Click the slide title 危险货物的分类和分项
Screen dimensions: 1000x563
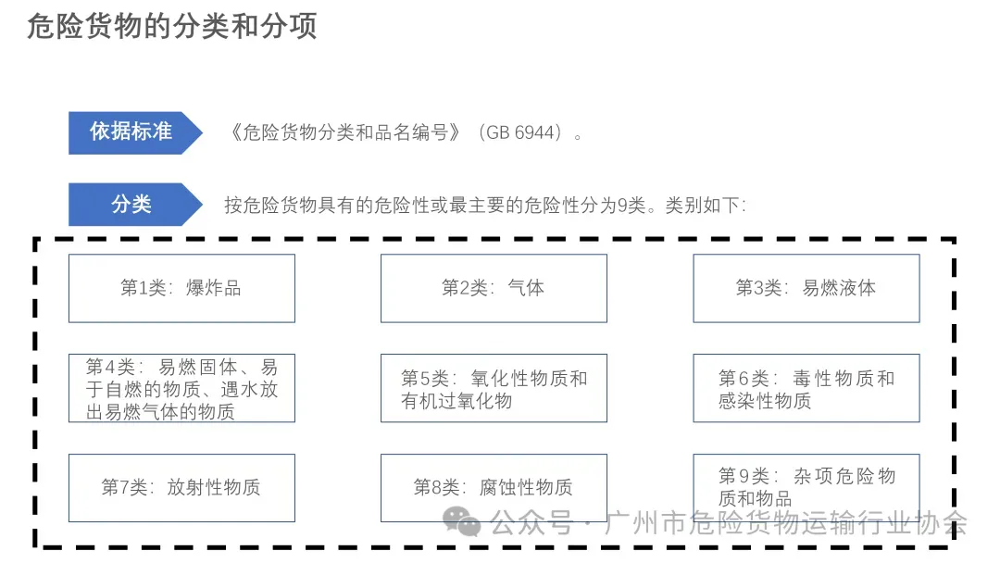172,26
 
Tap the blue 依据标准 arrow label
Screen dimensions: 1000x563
131,132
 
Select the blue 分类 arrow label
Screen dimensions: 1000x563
131,205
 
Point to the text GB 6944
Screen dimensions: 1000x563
524,133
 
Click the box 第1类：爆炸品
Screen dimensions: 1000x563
181,288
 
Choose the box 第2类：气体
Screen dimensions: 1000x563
494,288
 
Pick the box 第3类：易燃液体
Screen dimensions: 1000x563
806,288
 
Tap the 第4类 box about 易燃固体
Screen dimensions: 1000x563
181,389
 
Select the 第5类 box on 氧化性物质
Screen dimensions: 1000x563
494,389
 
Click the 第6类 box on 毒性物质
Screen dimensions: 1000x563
806,389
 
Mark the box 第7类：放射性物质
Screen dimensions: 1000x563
181,487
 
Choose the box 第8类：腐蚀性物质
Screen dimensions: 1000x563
494,487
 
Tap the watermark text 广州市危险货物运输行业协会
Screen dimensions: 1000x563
785,524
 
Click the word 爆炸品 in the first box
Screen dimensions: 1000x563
214,288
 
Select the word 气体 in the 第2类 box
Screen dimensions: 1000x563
526,288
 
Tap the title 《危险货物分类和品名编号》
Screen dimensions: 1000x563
344,133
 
